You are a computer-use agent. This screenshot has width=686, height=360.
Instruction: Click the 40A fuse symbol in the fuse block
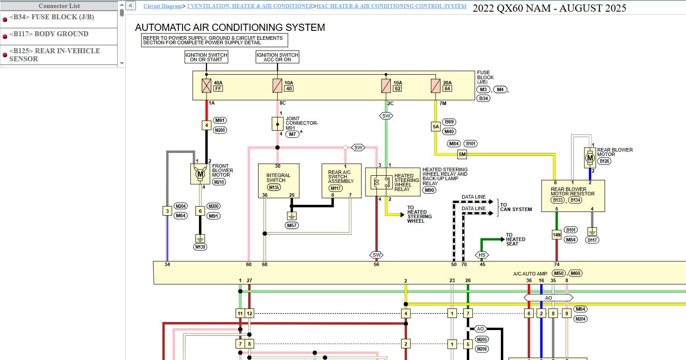click(207, 86)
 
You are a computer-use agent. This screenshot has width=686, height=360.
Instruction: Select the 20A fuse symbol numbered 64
click(436, 86)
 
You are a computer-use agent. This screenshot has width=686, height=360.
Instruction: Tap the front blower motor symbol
click(200, 174)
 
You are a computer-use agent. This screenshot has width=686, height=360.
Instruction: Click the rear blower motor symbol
click(590, 158)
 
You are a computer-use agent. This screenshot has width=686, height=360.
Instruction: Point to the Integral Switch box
click(279, 181)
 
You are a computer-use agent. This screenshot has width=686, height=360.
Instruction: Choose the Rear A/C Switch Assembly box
click(342, 181)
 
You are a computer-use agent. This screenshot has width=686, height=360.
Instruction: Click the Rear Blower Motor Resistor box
click(573, 196)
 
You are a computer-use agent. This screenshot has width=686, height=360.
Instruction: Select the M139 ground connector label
click(200, 247)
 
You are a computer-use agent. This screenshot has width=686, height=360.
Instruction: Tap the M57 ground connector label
click(292, 225)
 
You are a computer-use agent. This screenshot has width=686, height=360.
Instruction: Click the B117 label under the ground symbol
click(592, 240)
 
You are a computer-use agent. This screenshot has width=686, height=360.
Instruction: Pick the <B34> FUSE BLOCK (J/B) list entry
click(59, 19)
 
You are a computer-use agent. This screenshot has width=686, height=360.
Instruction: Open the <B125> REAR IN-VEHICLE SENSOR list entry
click(59, 55)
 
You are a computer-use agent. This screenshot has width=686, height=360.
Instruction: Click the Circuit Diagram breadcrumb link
click(163, 6)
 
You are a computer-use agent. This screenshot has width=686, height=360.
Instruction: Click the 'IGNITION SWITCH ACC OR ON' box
click(277, 57)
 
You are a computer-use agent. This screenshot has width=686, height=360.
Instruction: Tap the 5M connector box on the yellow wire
click(462, 154)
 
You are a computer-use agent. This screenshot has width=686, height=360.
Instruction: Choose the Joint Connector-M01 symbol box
click(277, 124)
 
